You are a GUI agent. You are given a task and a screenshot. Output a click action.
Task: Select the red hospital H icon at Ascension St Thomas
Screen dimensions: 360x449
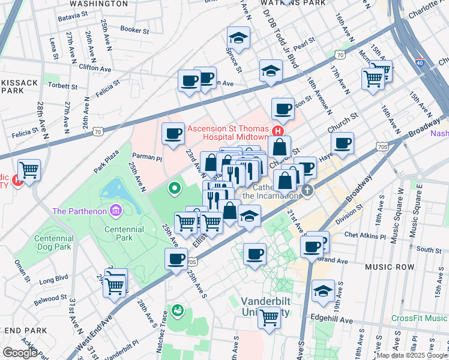(x=277, y=131)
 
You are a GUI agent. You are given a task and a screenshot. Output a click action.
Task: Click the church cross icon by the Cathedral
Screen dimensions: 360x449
(x=307, y=191)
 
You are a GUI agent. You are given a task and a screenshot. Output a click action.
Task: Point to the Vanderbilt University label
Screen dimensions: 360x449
(x=265, y=306)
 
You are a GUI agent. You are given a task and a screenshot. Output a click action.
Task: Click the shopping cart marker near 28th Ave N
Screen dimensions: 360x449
(x=29, y=170)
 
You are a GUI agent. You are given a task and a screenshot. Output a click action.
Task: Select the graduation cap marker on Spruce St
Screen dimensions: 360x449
(x=238, y=38)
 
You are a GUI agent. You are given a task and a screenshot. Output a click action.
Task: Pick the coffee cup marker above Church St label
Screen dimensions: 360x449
(x=283, y=109)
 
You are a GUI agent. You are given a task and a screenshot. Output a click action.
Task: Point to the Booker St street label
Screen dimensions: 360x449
(x=134, y=29)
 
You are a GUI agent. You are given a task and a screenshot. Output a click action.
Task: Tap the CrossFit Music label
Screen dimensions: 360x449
(x=419, y=318)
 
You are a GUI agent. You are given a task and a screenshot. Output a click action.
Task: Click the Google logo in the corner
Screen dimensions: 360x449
(x=20, y=352)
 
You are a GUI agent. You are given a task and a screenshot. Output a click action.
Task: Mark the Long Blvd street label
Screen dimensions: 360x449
(x=53, y=279)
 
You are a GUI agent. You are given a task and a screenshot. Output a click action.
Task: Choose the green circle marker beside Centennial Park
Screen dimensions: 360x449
(x=175, y=188)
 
